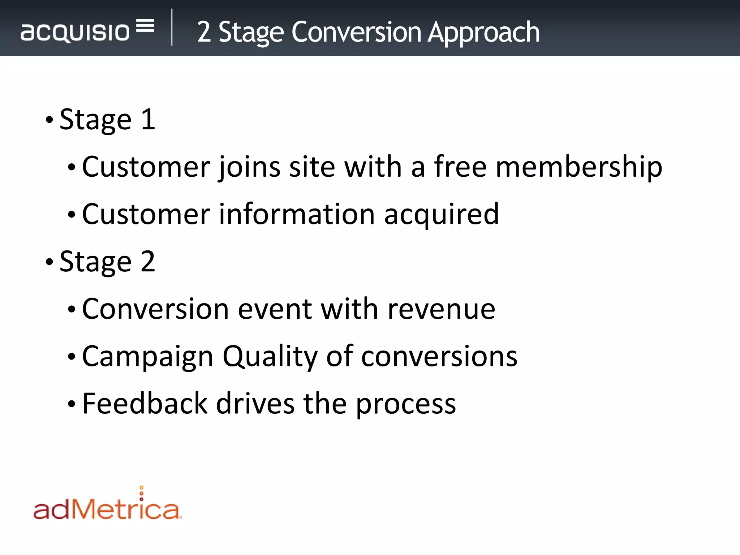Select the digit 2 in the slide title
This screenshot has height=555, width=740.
click(x=204, y=33)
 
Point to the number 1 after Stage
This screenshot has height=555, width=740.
click(x=148, y=120)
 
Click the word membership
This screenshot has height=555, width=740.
click(x=579, y=167)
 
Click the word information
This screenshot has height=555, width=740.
click(x=297, y=214)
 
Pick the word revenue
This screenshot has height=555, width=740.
click(x=441, y=310)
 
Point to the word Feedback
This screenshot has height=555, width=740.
click(x=145, y=404)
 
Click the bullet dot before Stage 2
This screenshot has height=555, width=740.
click(x=50, y=262)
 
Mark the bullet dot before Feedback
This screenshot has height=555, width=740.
click(x=72, y=404)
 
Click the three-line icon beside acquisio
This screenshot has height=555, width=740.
click(x=145, y=26)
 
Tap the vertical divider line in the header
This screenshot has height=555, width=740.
click(x=172, y=27)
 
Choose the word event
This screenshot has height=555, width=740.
click(x=275, y=310)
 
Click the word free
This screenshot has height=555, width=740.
click(x=460, y=167)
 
